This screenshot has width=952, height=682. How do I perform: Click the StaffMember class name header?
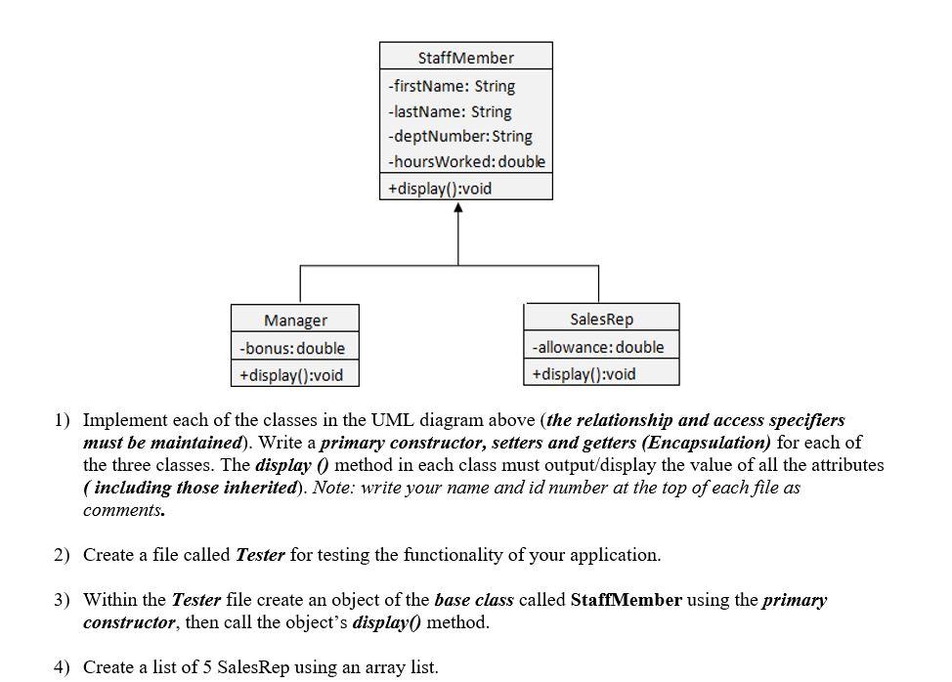coord(465,58)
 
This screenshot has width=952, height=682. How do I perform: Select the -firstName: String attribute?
coord(452,86)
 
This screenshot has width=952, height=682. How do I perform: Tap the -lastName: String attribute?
coord(450,111)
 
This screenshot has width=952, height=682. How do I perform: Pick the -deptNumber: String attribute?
coord(460,136)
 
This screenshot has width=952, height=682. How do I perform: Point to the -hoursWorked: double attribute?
coord(466,161)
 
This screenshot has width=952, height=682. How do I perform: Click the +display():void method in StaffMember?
coord(440,188)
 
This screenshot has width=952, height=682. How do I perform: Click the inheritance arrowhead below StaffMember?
coord(457,208)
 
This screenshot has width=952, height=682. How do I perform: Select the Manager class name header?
coord(295,320)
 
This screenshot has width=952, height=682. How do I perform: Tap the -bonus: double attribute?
coord(292,348)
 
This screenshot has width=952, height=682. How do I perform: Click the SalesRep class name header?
coord(601,319)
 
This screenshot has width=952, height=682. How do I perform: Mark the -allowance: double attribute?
coord(597,347)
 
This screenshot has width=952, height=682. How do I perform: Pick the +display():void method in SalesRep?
coord(584,373)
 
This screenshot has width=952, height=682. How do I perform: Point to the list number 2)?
coord(62,555)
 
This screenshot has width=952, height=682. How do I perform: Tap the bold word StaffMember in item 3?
coord(626,600)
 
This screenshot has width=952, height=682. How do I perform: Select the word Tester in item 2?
coord(260,555)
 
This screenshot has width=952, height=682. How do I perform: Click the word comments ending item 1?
coord(122,510)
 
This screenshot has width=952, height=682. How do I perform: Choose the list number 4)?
coord(62,667)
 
